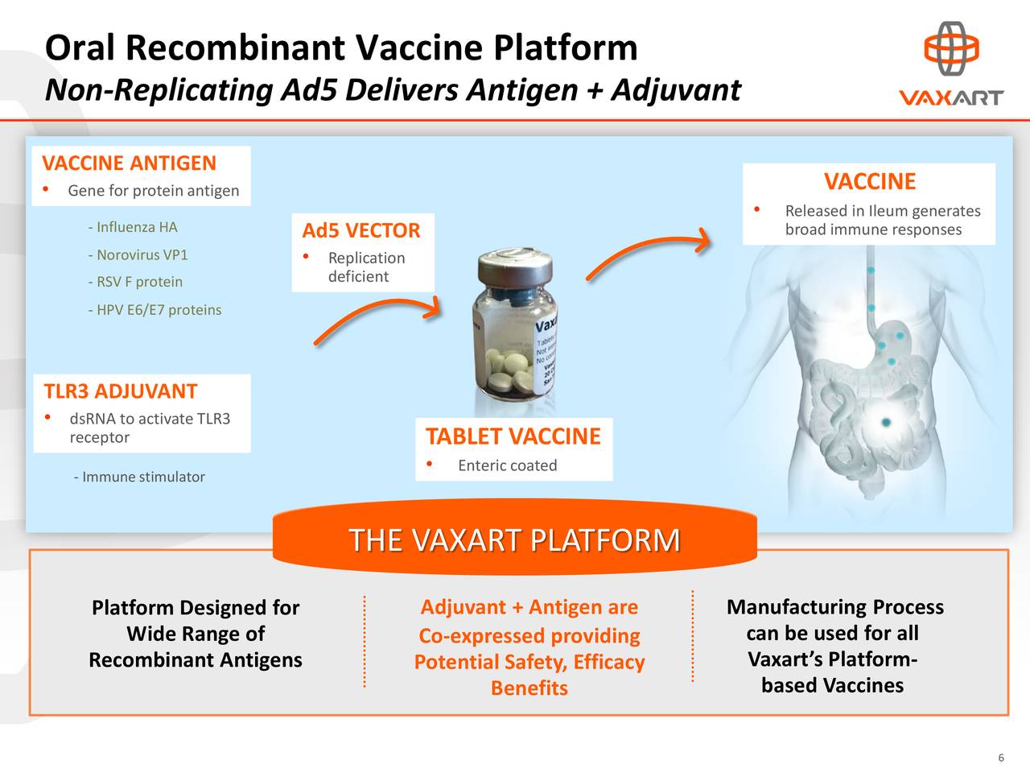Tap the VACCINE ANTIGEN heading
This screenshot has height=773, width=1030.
[x=129, y=163]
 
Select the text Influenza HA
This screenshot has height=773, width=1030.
[x=133, y=227]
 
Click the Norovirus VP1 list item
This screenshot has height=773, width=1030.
[x=138, y=255]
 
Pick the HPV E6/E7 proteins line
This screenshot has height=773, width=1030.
[x=154, y=310]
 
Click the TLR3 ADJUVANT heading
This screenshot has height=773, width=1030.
[x=121, y=392]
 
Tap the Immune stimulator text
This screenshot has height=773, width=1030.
[x=139, y=477]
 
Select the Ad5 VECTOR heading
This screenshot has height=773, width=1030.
[x=361, y=231]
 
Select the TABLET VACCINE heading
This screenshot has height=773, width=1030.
[x=513, y=436]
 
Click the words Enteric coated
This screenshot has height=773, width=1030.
[x=507, y=465]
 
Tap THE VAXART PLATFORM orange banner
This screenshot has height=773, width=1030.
[x=515, y=539]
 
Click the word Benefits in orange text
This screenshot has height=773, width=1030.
[x=529, y=688]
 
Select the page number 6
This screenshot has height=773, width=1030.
[x=1001, y=758]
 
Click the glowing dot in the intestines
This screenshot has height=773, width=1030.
[x=886, y=422]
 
